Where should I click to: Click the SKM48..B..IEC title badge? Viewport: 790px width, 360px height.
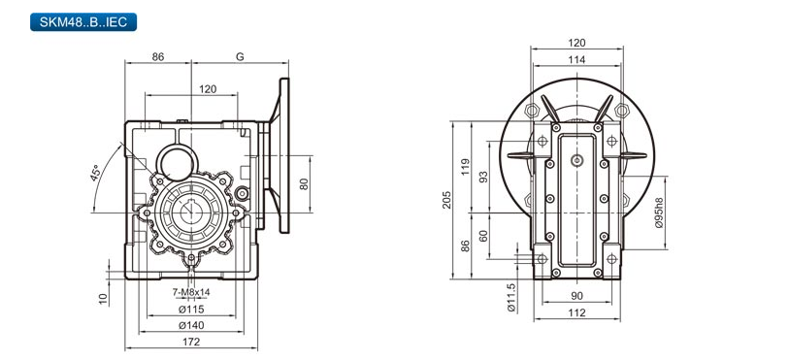[83, 22]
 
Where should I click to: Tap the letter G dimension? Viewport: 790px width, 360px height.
[240, 57]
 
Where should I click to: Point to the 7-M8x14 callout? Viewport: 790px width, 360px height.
[191, 292]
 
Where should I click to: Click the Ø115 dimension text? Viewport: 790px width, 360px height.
[191, 309]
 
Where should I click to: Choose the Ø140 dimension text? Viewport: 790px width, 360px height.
[191, 325]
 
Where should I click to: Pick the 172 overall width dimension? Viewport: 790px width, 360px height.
[191, 342]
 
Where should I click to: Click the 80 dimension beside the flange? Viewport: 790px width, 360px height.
[304, 184]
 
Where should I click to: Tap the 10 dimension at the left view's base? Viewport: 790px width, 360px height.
[103, 299]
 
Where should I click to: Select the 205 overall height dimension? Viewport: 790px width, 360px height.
[446, 200]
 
